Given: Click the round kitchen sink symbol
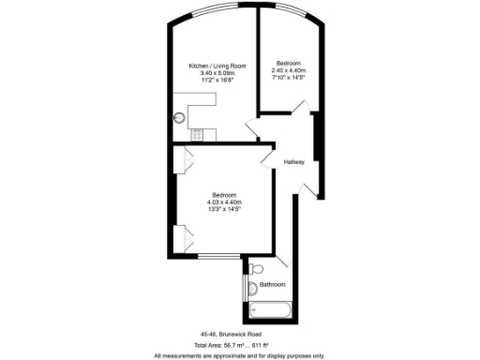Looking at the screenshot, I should pyautogui.click(x=177, y=119).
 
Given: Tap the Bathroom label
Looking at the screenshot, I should pyautogui.click(x=273, y=284).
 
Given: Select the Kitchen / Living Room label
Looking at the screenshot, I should pyautogui.click(x=217, y=66).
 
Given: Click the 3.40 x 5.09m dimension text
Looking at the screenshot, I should pyautogui.click(x=217, y=73).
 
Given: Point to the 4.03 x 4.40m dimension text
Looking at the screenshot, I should pyautogui.click(x=224, y=202).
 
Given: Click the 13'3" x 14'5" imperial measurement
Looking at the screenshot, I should pyautogui.click(x=224, y=210).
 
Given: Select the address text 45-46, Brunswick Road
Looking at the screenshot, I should pyautogui.click(x=231, y=334).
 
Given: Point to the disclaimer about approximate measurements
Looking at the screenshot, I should pyautogui.click(x=239, y=356).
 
